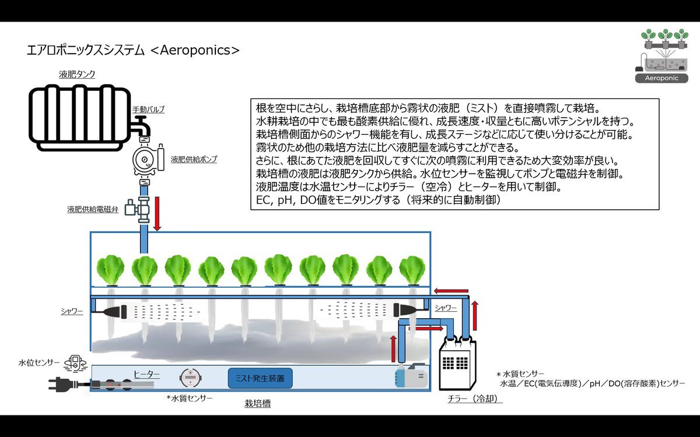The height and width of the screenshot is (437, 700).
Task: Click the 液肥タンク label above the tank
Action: point(77,75)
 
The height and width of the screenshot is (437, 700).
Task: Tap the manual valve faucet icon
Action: point(141,126)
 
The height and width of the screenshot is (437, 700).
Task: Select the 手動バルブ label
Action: point(148,110)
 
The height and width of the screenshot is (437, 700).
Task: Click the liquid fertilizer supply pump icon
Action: point(148,160)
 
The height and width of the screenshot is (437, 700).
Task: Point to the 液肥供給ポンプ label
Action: point(194,159)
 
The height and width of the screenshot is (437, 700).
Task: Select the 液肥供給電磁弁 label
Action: point(93,209)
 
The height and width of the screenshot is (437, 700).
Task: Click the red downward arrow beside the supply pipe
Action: point(157,214)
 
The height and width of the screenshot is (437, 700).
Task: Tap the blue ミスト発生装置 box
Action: point(260,378)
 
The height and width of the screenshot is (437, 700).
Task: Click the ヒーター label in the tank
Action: point(146,374)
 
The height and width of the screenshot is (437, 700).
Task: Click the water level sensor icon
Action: point(75,364)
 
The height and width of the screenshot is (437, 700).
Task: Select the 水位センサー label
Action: point(39,362)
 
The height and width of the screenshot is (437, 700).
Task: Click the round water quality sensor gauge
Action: point(190,378)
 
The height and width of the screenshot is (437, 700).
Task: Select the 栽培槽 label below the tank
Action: point(257,404)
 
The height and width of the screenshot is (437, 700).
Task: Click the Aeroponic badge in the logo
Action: point(661,78)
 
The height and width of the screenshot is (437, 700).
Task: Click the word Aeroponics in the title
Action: point(195,50)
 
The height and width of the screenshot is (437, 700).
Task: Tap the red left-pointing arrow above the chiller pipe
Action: point(451,291)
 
